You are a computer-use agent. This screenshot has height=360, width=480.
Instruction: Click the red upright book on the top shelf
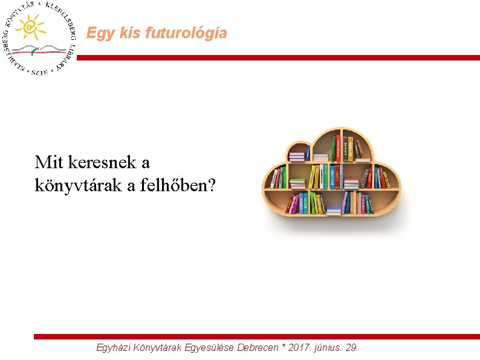tap(334, 148)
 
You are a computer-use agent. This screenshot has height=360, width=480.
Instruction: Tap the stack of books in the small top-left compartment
tap(296, 155)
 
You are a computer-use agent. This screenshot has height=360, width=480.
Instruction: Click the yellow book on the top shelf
tap(349, 148)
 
